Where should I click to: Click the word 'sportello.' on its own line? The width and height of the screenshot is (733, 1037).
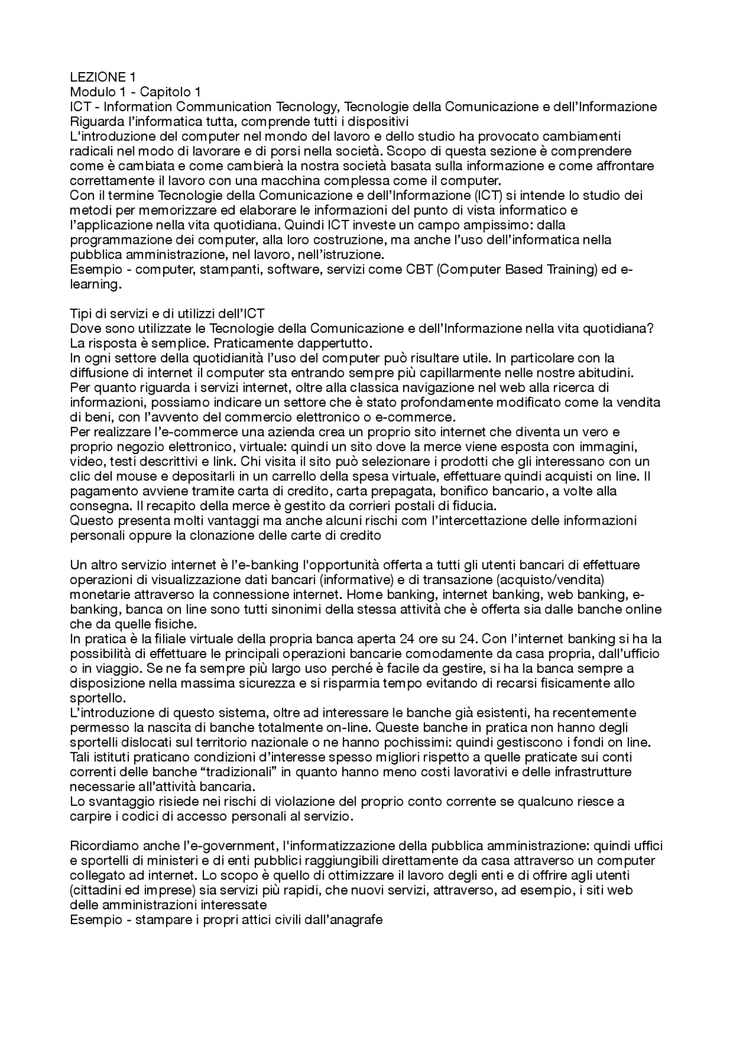tap(97, 698)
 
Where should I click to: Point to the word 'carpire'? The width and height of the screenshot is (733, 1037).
tap(88, 817)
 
